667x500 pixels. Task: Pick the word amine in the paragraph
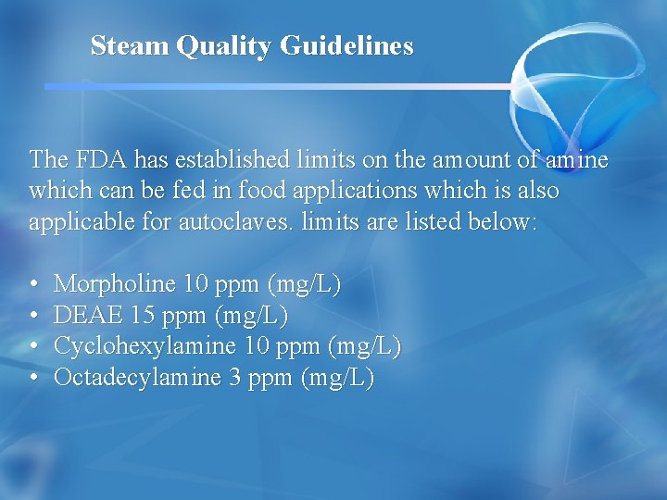point(576,159)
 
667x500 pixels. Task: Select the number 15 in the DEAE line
point(143,316)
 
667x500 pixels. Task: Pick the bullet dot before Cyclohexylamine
point(33,347)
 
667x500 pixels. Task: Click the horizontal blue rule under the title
point(278,86)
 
